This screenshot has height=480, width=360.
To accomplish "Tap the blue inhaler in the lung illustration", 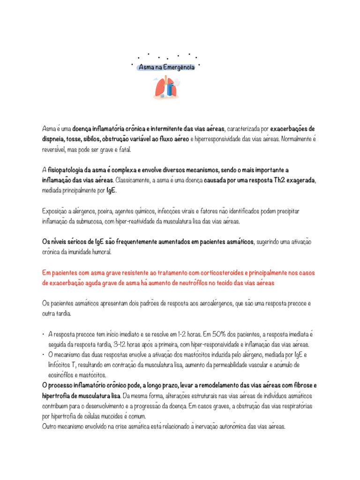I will (169, 89).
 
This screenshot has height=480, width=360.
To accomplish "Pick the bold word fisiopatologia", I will (67, 169).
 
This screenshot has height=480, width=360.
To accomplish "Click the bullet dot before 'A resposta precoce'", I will (43, 334).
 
